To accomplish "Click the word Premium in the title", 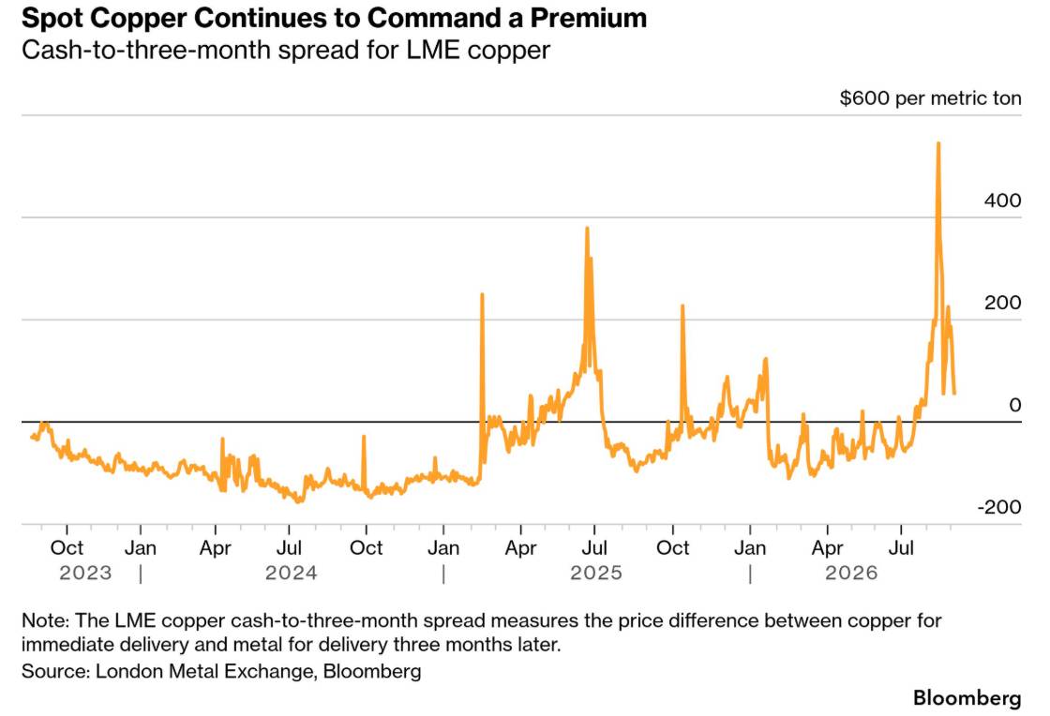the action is pos(589,18).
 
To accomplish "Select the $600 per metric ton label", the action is pos(930,98).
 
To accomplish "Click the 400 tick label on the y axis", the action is pos(1002,200).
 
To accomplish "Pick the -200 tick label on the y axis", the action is pos(999,507).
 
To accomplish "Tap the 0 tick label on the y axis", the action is pos(1015,405).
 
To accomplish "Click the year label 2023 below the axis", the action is pos(85,573).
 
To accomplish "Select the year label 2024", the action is pos(292,573).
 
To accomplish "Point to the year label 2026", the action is pos(851,573).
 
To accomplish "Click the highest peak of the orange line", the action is pos(938,143).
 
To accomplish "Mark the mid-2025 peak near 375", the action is pos(587,228).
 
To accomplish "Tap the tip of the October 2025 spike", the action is pos(682,306).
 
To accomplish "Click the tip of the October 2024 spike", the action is pos(364,437).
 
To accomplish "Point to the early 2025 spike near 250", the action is pos(482,294).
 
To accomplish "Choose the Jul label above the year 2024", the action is pos(289,548).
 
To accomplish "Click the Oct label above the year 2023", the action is pos(67,548).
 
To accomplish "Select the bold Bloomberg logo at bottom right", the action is pos(967,697).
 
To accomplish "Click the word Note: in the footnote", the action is pos(45,620).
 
